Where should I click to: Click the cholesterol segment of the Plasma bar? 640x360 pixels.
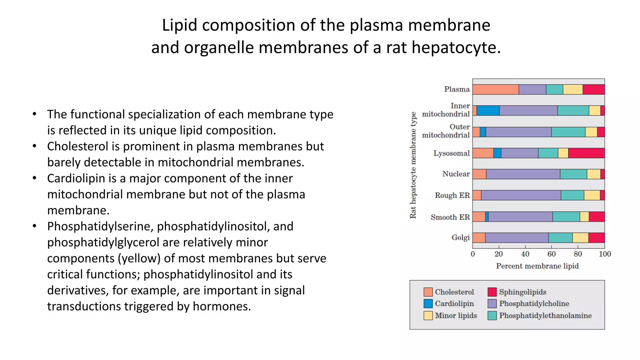pyautogui.click(x=495, y=89)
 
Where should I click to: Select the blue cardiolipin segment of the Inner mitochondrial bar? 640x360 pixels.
pyautogui.click(x=488, y=111)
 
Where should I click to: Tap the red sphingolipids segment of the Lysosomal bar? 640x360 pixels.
pyautogui.click(x=586, y=153)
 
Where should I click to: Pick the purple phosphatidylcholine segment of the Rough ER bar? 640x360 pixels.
pyautogui.click(x=521, y=195)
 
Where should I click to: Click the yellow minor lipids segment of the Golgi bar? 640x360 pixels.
pyautogui.click(x=580, y=238)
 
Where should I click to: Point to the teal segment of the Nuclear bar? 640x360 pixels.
pyautogui.click(x=573, y=174)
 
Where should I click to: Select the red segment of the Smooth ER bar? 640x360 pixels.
pyautogui.click(x=597, y=217)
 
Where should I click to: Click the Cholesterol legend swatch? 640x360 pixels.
pyautogui.click(x=428, y=292)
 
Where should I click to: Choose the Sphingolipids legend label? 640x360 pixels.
pyautogui.click(x=522, y=292)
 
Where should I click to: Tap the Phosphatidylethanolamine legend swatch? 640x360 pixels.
pyautogui.click(x=492, y=316)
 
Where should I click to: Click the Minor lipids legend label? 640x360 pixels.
pyautogui.click(x=456, y=316)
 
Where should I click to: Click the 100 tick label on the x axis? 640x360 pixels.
pyautogui.click(x=605, y=254)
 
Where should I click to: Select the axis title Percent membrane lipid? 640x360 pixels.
pyautogui.click(x=537, y=266)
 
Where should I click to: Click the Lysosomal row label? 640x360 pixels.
pyautogui.click(x=451, y=153)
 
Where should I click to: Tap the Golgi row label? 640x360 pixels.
pyautogui.click(x=460, y=237)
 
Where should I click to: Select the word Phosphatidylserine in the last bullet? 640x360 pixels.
pyautogui.click(x=100, y=226)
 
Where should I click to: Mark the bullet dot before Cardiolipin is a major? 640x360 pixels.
pyautogui.click(x=35, y=178)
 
